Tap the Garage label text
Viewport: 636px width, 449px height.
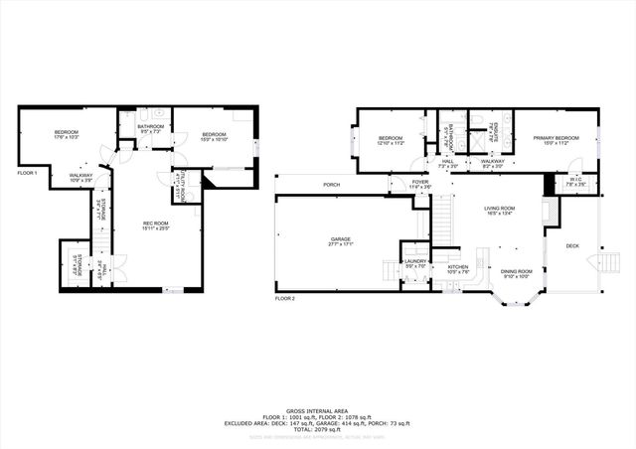(x=341, y=239)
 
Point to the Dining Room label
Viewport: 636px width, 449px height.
(x=516, y=271)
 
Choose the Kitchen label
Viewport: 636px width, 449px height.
(x=457, y=267)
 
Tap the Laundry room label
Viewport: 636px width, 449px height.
(x=414, y=263)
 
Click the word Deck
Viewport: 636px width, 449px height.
(x=572, y=245)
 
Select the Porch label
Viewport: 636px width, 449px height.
(x=332, y=185)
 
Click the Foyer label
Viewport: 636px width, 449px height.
(x=421, y=182)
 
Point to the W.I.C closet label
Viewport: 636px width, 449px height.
(x=575, y=180)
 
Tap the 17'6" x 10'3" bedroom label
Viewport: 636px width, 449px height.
(x=67, y=133)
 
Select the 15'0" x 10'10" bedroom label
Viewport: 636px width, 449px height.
(x=215, y=134)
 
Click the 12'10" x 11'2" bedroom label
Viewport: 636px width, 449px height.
(x=391, y=138)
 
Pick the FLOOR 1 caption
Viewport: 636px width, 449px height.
(x=27, y=173)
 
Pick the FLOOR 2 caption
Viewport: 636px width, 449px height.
(x=285, y=298)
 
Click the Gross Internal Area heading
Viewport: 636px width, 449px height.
(x=318, y=410)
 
